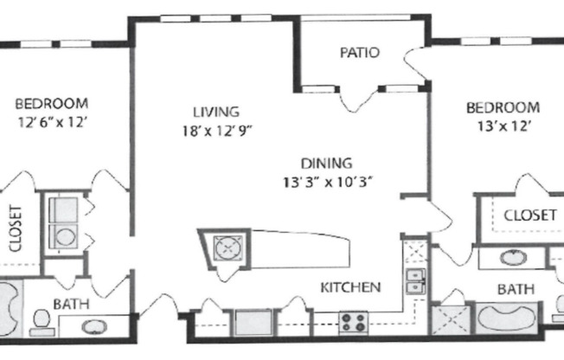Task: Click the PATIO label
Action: click(359, 52)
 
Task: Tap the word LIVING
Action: click(215, 112)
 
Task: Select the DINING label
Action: click(326, 162)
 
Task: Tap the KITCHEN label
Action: click(350, 286)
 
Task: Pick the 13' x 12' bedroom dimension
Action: click(503, 125)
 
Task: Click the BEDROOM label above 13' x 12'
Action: click(503, 107)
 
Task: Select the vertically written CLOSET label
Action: click(15, 228)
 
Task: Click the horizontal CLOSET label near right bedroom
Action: click(529, 215)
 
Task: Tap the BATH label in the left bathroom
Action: click(71, 304)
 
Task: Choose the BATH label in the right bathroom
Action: click(515, 288)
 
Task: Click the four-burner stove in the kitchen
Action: click(354, 323)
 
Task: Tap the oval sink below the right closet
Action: click(512, 256)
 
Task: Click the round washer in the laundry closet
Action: click(63, 235)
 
